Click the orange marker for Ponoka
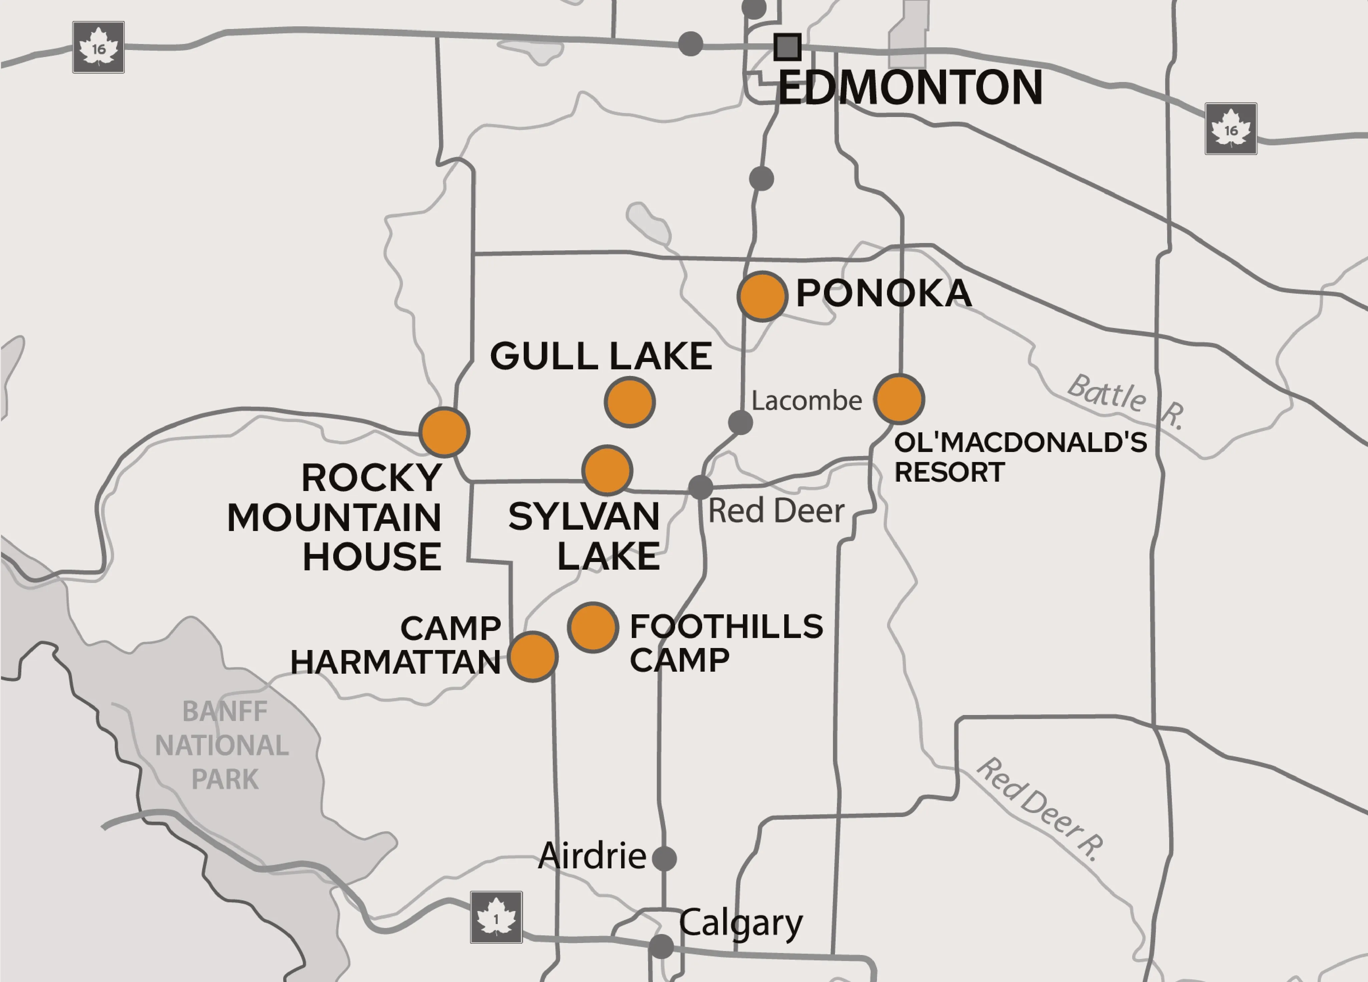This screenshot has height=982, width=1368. click(763, 296)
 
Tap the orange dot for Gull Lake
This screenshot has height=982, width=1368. click(630, 402)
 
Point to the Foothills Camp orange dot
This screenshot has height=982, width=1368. click(593, 627)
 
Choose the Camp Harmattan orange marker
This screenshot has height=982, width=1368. click(533, 656)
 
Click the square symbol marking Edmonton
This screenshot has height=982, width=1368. click(787, 47)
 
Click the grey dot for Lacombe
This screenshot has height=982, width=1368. click(740, 423)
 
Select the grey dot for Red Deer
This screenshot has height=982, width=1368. click(700, 486)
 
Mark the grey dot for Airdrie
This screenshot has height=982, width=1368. click(664, 858)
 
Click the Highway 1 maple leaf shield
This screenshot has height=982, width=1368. click(496, 917)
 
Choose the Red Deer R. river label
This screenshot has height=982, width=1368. click(1039, 809)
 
